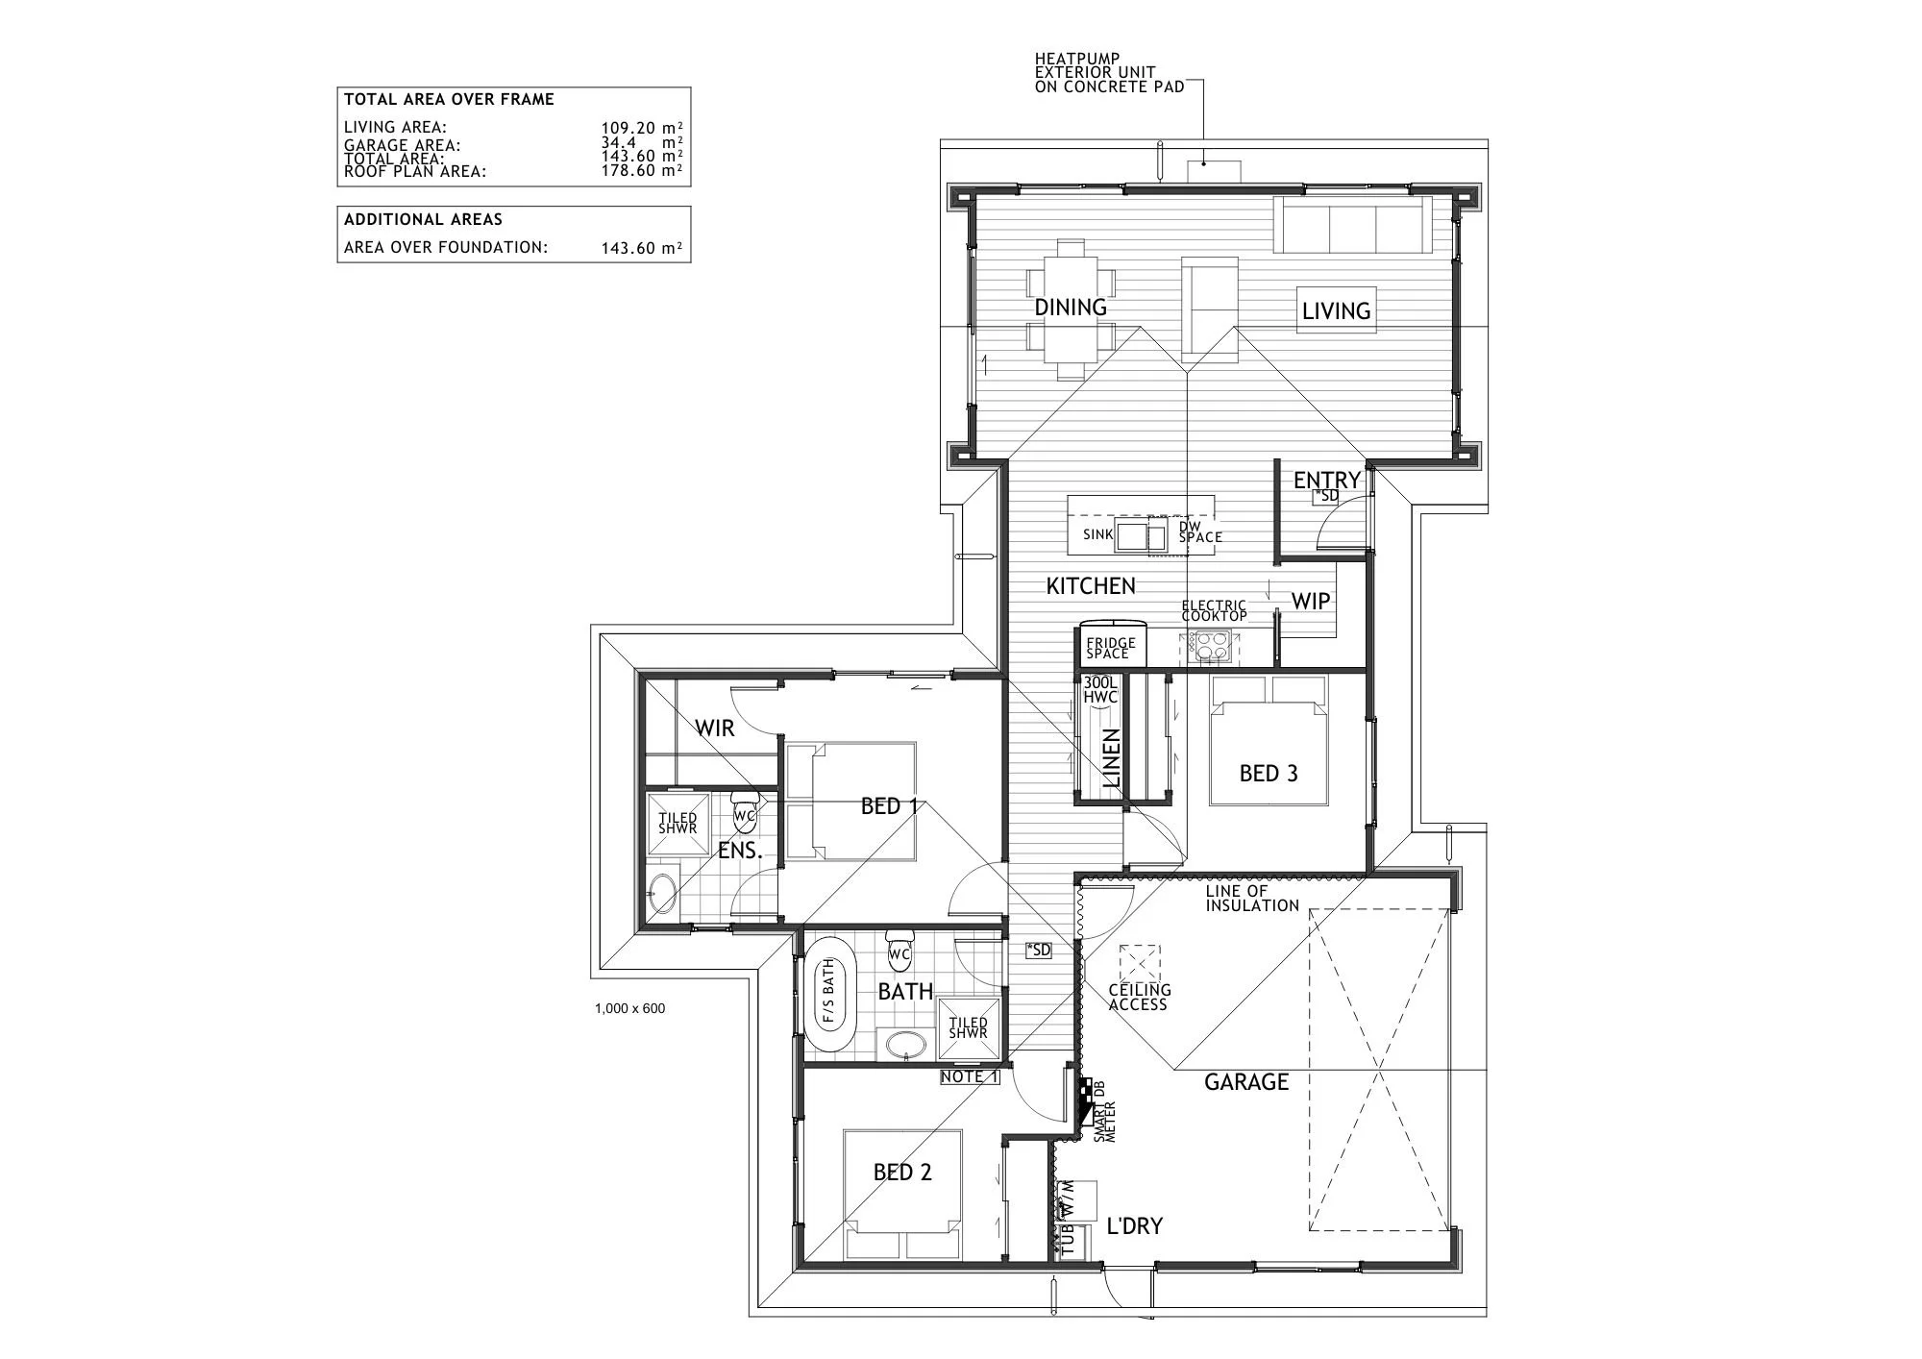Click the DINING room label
(1071, 308)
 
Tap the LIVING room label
(1336, 310)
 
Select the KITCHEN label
(1091, 585)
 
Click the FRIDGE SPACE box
(1110, 648)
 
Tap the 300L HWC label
(1100, 689)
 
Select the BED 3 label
(1269, 774)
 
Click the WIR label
(715, 728)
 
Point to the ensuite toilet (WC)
(745, 811)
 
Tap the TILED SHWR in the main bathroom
(968, 1028)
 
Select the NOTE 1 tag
(971, 1076)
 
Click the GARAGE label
(1246, 1082)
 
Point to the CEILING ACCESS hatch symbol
(1140, 966)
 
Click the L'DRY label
(1135, 1226)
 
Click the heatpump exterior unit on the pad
(1214, 172)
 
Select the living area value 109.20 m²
(642, 127)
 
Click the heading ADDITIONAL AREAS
(423, 219)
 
